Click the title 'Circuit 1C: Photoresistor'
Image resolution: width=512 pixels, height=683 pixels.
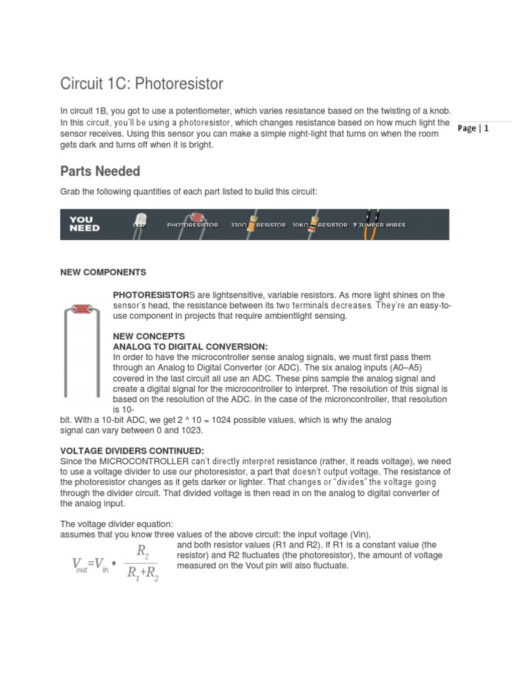pos(141,84)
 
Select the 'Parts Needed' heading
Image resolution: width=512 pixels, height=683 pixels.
pos(100,171)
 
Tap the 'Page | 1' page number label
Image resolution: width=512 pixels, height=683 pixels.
pos(474,129)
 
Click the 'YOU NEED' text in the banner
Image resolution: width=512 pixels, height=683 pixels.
pos(85,224)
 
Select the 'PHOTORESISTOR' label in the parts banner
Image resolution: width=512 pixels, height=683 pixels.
pos(192,225)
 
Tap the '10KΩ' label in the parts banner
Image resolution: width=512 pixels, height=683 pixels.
pos(301,225)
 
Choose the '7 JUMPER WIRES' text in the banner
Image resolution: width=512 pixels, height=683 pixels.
pos(380,225)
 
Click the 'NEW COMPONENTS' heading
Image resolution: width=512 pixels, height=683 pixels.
pos(103,273)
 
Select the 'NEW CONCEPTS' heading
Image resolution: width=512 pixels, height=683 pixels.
pos(149,336)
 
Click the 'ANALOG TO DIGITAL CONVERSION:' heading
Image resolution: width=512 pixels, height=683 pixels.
pos(190,347)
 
